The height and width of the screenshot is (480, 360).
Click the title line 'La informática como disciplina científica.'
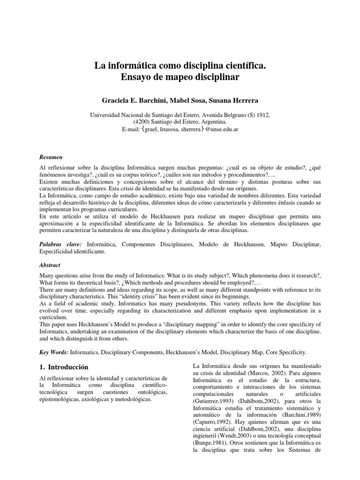pos(180,64)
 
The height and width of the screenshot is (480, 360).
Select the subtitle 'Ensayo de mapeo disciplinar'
pos(180,76)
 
